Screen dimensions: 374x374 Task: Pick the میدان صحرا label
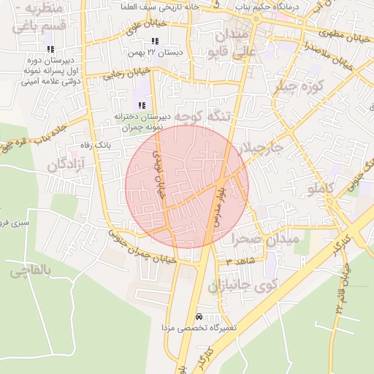point(267,239)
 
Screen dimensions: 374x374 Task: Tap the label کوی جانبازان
point(245,284)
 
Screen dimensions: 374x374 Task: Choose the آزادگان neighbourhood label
point(66,164)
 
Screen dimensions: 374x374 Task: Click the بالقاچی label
point(31,272)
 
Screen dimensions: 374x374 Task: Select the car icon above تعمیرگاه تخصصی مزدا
point(199,317)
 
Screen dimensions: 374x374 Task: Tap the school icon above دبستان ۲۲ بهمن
point(154,41)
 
